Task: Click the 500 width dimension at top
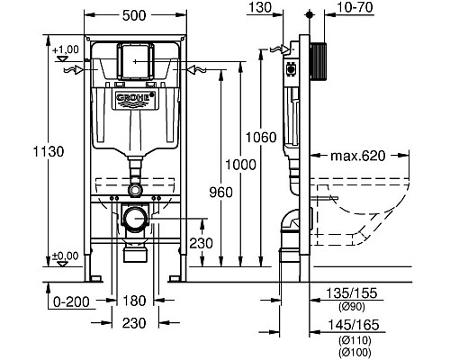[134, 15]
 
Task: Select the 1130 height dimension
[49, 151]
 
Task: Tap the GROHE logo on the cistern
[135, 99]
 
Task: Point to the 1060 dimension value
[261, 138]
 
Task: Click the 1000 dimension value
[240, 165]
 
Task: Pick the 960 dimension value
[220, 193]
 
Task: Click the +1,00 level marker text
[66, 49]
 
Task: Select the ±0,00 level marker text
[66, 256]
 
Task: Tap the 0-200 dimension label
[71, 301]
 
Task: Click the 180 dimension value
[134, 301]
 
